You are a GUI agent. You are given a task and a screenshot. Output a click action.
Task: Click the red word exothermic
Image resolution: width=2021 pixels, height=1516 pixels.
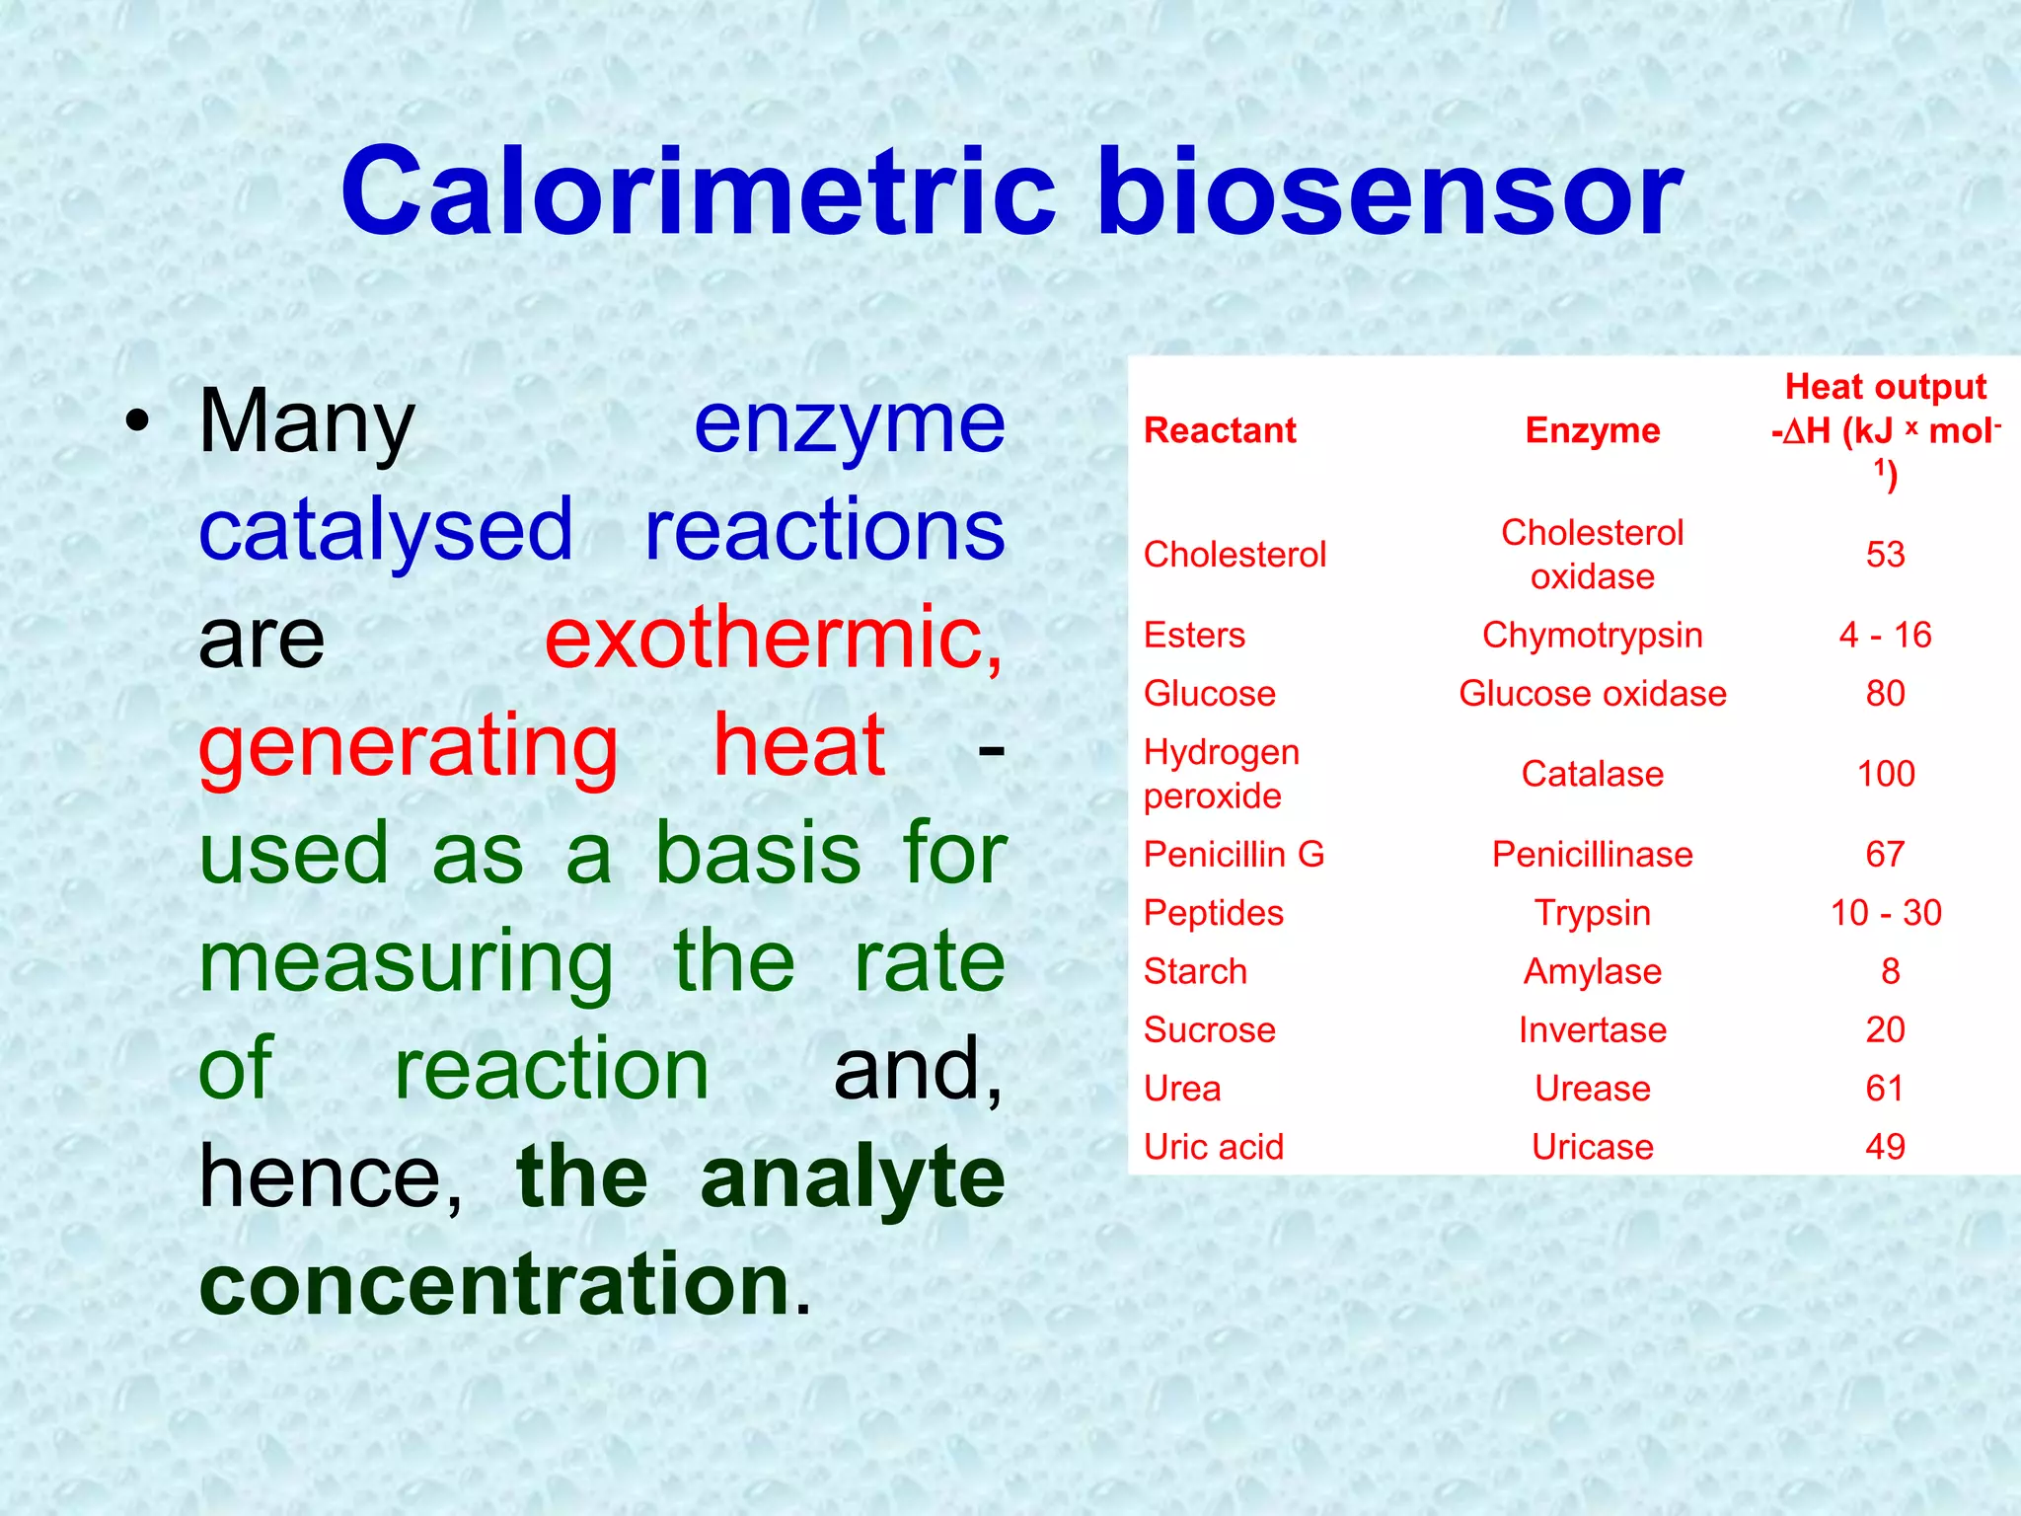[x=774, y=639]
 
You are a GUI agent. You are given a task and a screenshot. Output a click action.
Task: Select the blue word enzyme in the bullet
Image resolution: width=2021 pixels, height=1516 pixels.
[x=849, y=423]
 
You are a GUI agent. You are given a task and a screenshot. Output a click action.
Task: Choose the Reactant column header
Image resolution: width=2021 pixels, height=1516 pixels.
[x=1220, y=431]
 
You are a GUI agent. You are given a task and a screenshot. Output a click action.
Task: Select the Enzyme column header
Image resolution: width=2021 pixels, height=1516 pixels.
[x=1592, y=431]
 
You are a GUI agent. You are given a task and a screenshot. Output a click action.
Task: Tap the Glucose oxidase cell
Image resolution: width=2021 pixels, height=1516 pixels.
[x=1592, y=694]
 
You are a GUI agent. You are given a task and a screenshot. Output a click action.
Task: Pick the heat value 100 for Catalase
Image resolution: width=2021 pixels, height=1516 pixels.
[x=1885, y=774]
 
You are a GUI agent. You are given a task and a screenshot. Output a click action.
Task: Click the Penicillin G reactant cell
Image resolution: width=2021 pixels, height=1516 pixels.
[x=1234, y=855]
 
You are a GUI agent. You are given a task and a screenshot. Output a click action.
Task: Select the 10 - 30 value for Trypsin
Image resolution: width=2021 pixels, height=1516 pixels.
[x=1885, y=913]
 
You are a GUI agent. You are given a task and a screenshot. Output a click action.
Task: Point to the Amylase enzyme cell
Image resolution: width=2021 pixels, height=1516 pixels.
[x=1592, y=972]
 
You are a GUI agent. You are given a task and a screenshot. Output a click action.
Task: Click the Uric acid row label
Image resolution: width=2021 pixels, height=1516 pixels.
[x=1214, y=1147]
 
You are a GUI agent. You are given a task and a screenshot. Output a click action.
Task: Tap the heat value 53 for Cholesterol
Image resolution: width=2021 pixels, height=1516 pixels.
[x=1885, y=555]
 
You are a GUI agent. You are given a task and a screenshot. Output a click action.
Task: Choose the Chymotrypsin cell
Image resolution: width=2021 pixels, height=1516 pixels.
[x=1592, y=636]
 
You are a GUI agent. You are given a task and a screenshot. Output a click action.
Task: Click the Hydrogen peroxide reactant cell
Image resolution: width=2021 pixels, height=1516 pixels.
[x=1222, y=774]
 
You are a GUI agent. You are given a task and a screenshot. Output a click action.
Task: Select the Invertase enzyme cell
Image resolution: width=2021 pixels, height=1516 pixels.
[x=1592, y=1030]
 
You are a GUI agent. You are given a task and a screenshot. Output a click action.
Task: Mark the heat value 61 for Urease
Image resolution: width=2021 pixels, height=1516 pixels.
[x=1885, y=1089]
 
